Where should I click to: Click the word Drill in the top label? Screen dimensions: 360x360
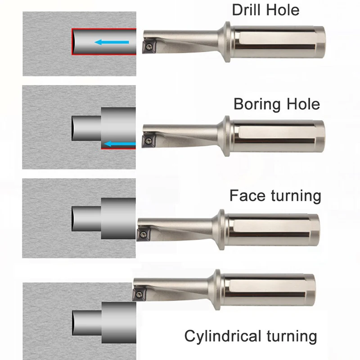click(x=246, y=9)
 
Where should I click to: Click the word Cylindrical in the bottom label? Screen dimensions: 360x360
click(x=223, y=336)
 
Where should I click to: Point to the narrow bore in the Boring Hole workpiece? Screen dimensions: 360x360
click(x=85, y=127)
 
